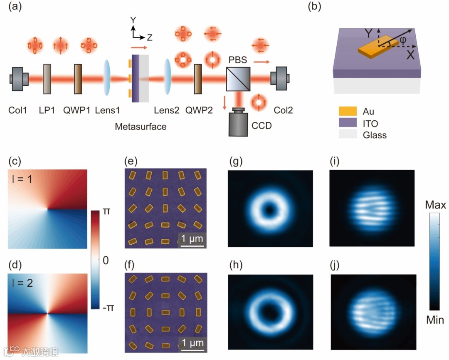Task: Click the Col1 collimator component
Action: (x=19, y=78)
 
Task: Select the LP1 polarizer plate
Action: (x=47, y=78)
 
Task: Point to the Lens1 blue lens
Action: (x=107, y=78)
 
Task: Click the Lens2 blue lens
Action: (x=168, y=78)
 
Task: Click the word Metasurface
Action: (x=141, y=127)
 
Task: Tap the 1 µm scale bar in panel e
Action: (x=192, y=246)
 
